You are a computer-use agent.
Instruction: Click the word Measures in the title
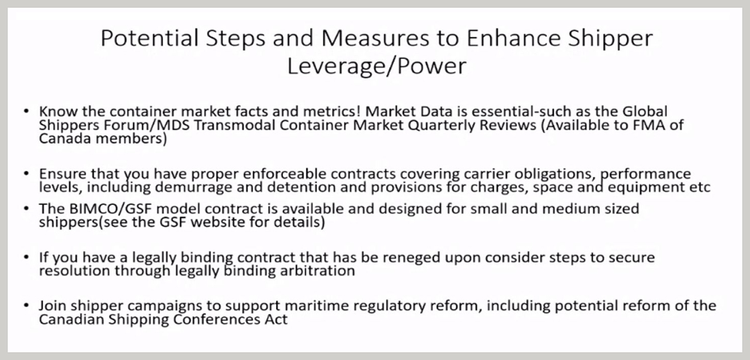[375, 38]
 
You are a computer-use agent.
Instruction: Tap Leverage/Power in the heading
[377, 66]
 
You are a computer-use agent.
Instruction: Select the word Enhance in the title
[514, 38]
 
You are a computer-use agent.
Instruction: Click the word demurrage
[193, 187]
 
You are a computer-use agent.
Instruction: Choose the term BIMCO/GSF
[111, 209]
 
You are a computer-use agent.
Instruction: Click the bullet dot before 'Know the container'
[26, 111]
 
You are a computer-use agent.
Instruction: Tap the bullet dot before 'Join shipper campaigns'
[26, 305]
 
